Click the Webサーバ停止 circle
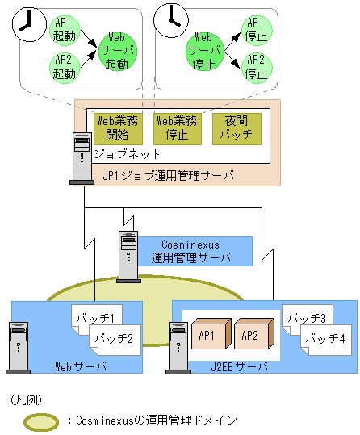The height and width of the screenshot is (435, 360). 203,49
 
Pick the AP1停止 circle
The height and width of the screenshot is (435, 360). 255,29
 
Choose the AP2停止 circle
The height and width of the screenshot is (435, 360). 255,66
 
